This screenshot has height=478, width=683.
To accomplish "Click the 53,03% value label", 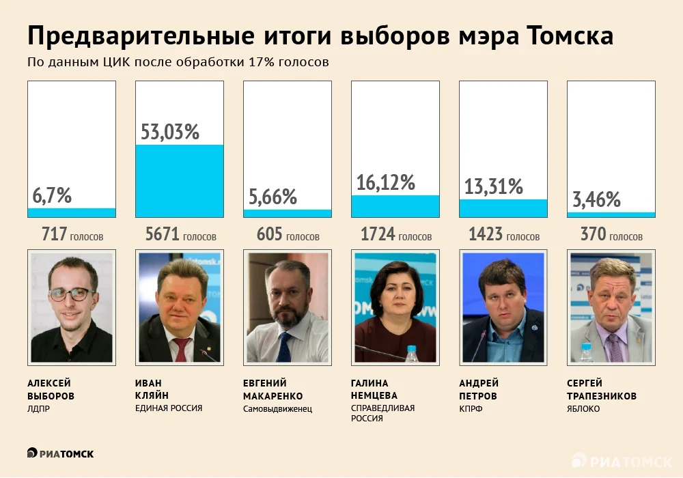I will click(170, 131).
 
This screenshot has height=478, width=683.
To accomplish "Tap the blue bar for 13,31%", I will click(503, 208).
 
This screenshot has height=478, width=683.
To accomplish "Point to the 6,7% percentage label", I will click(52, 195).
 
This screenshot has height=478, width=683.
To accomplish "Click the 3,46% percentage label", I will click(596, 199).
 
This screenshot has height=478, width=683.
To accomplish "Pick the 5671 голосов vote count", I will click(180, 236).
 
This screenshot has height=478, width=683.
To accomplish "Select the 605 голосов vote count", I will click(288, 236).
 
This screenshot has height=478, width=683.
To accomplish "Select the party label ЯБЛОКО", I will click(583, 408).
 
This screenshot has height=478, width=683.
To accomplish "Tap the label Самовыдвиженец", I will click(277, 408).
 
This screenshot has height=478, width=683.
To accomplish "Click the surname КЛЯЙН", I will click(152, 395).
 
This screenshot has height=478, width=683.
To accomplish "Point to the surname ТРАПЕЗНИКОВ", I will click(602, 395).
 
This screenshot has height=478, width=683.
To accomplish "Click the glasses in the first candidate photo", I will click(70, 294).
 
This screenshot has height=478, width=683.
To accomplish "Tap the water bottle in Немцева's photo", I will click(411, 353).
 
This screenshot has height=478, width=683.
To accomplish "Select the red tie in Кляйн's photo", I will click(181, 349).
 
